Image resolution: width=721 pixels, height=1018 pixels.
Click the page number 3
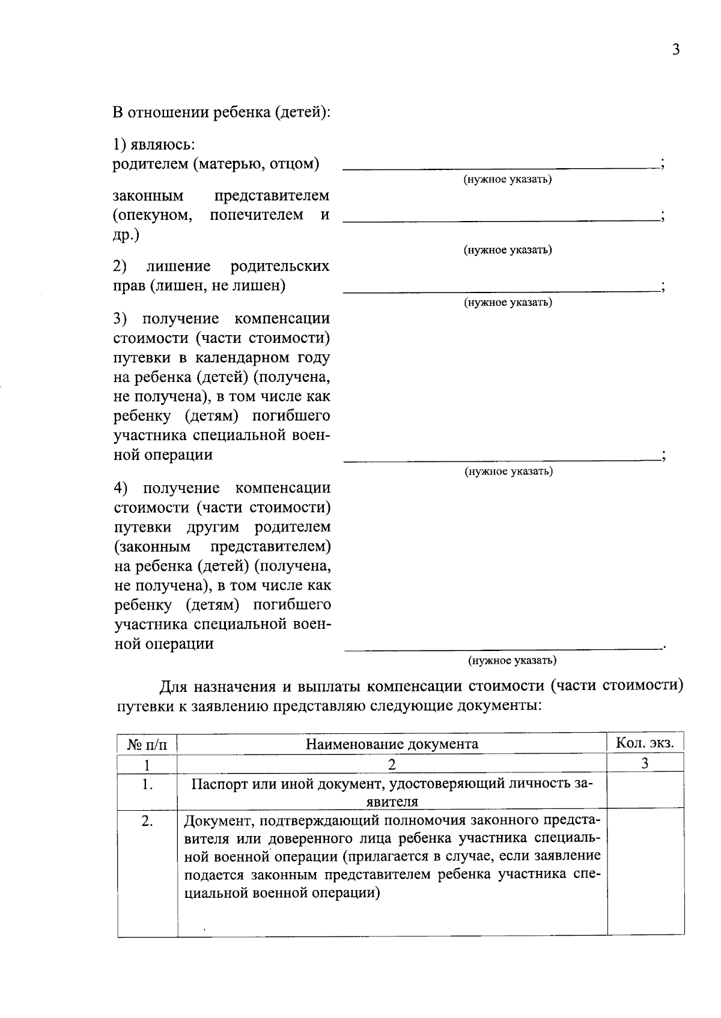pyautogui.click(x=675, y=50)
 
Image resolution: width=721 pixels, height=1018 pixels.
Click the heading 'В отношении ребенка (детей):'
pyautogui.click(x=222, y=112)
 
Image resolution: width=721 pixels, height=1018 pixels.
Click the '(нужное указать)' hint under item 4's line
pyautogui.click(x=512, y=661)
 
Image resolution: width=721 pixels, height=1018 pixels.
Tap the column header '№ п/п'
pyautogui.click(x=147, y=745)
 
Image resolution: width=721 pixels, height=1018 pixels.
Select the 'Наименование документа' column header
pyautogui.click(x=392, y=744)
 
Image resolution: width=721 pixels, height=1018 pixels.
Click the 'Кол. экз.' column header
pyautogui.click(x=645, y=743)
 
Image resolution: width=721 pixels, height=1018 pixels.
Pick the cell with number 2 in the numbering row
pyautogui.click(x=392, y=764)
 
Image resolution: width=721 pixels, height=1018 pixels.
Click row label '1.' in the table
pyautogui.click(x=147, y=784)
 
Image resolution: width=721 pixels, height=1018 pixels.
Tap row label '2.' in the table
pyautogui.click(x=147, y=821)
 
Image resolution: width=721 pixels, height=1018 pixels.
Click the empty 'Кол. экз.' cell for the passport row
pyautogui.click(x=645, y=790)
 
